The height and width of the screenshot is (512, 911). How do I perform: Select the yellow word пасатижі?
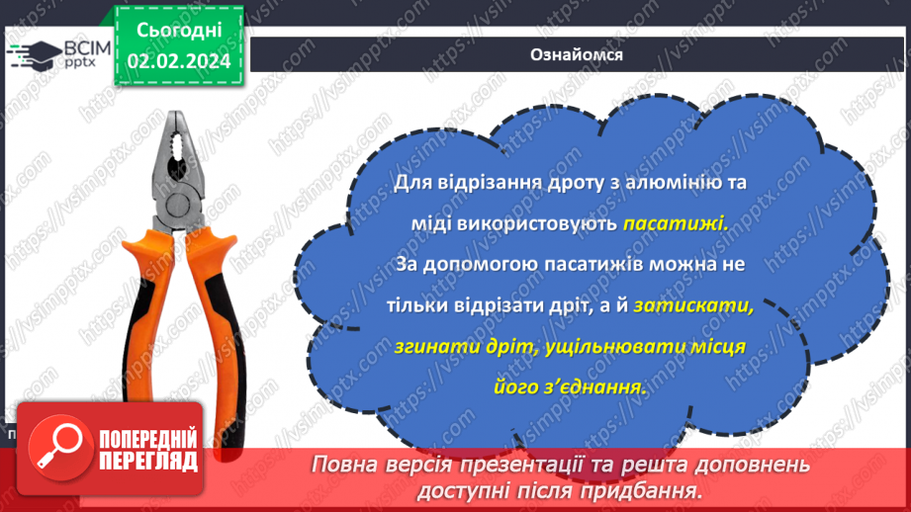click(x=676, y=224)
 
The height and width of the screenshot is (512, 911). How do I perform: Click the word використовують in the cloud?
click(x=537, y=224)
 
